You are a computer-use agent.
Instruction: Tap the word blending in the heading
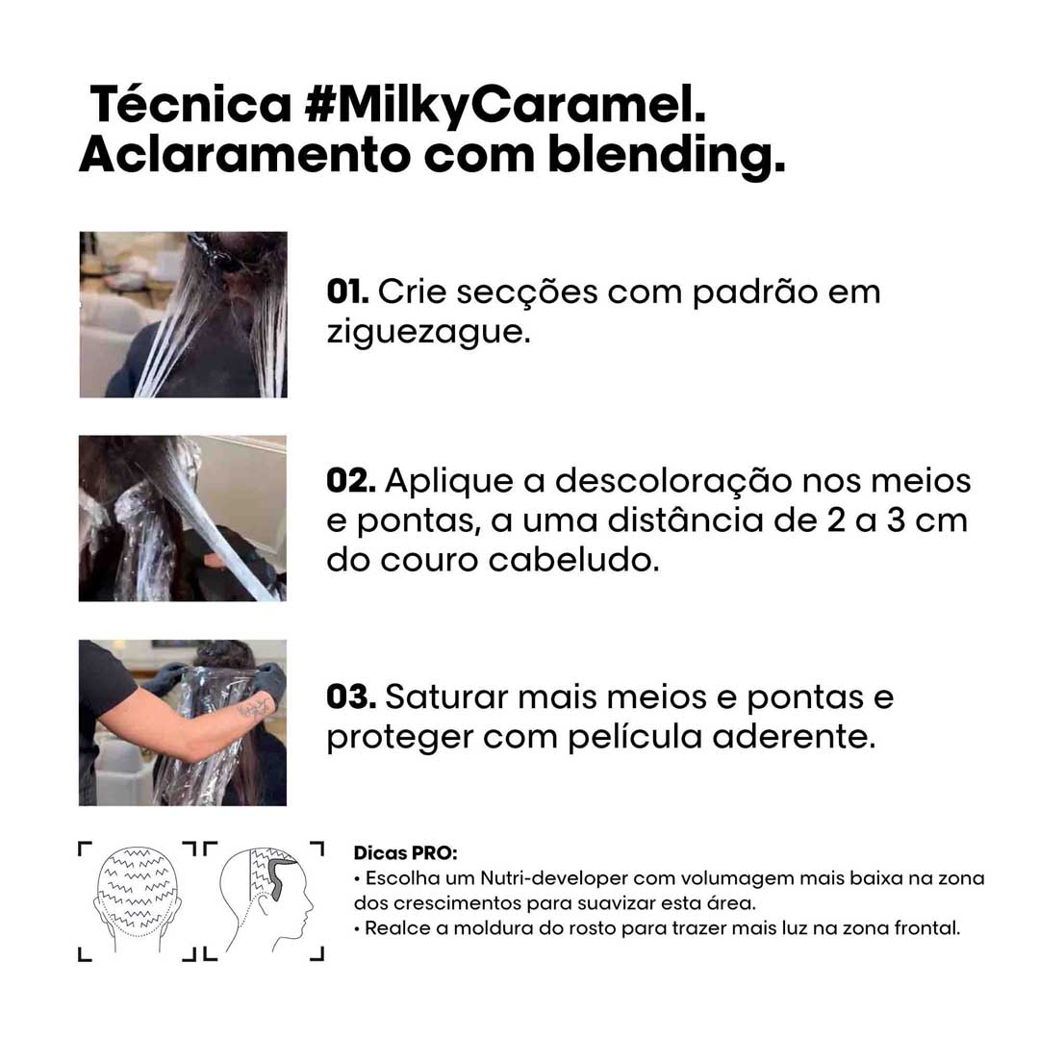pos(667,158)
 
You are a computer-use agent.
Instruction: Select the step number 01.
pos(348,291)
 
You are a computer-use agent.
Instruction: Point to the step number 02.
pos(351,480)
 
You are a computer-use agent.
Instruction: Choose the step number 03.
pos(351,697)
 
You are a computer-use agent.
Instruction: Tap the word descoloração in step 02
pos(673,482)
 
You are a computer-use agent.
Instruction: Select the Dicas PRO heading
pos(406,852)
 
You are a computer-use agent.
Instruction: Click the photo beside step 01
pos(184,315)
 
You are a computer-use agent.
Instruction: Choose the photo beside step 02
pos(183,519)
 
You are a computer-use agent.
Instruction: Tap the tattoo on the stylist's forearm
pos(256,708)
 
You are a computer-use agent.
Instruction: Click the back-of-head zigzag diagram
pos(138,899)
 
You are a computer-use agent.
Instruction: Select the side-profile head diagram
pos(266,900)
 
